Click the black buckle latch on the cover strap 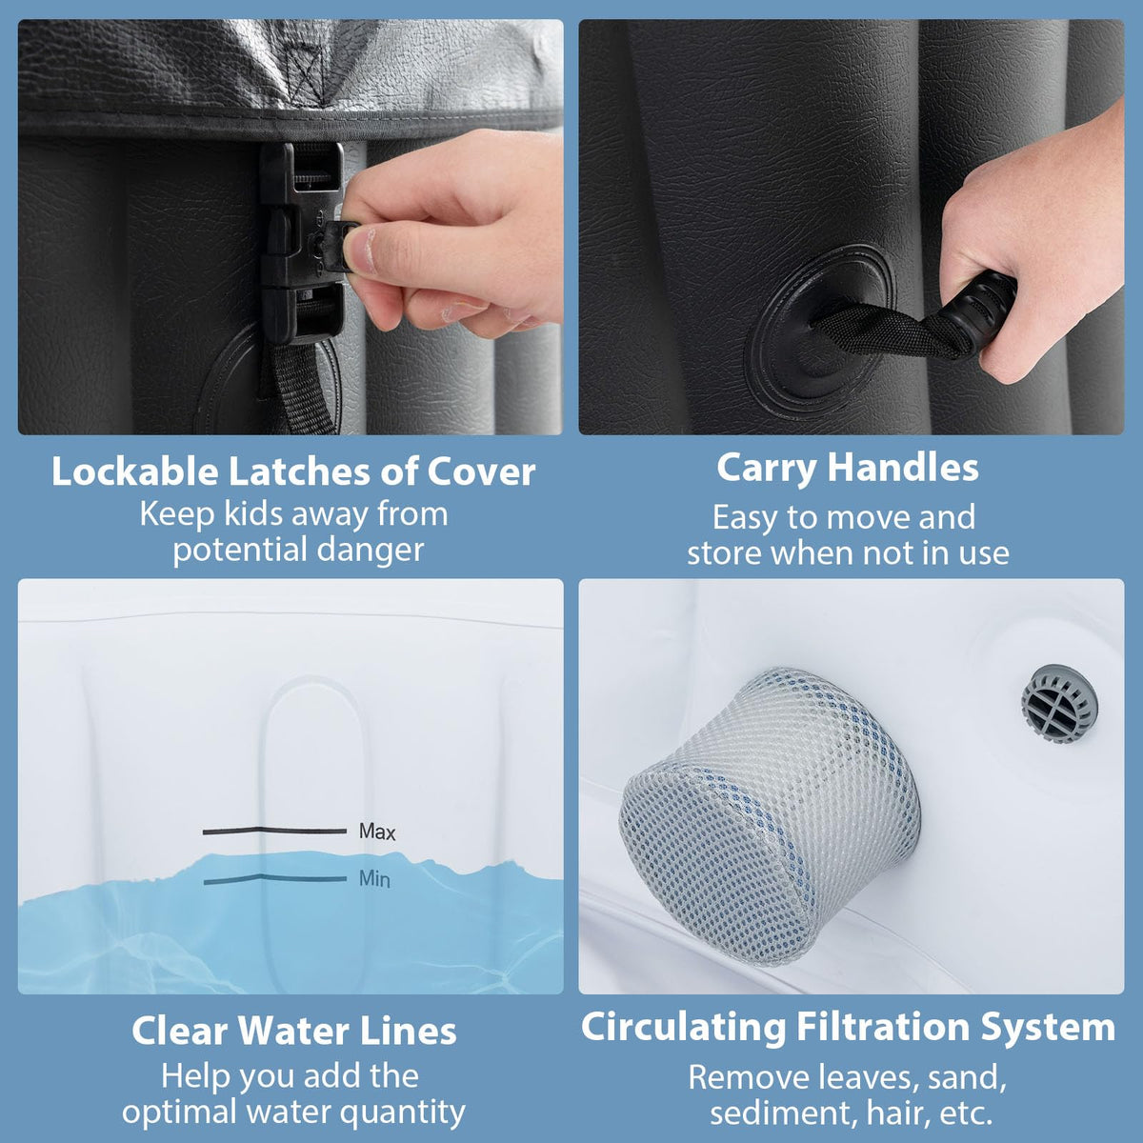[303, 242]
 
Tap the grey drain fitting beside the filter [1059, 704]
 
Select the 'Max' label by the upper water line [377, 832]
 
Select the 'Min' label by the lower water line [375, 878]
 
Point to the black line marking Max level [274, 831]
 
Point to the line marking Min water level [275, 879]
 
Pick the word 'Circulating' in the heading [683, 1029]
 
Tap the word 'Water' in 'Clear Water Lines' [294, 1031]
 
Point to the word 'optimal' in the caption [179, 1113]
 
